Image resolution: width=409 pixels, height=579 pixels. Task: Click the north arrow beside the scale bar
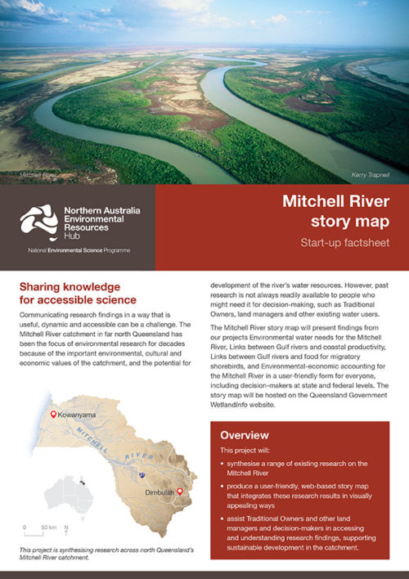pos(65,528)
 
